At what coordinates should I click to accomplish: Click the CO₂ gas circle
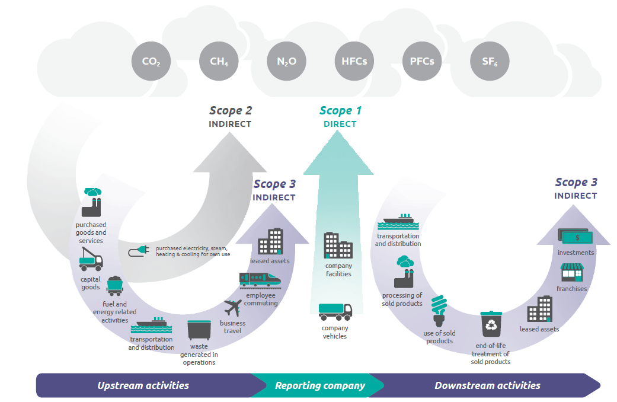click(x=151, y=61)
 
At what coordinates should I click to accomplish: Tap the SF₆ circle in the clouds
click(x=490, y=61)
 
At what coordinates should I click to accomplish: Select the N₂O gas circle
click(x=286, y=61)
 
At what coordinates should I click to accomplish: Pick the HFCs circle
click(x=354, y=61)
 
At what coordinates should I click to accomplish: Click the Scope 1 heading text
click(x=340, y=111)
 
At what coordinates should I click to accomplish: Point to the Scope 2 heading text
click(x=231, y=111)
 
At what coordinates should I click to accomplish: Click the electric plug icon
click(x=139, y=251)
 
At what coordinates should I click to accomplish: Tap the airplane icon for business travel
click(x=233, y=308)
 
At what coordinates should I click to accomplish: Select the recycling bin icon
click(x=491, y=324)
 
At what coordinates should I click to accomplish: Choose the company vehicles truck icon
click(x=335, y=311)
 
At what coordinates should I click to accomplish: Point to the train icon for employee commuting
click(x=260, y=280)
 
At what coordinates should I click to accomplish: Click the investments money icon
click(x=576, y=236)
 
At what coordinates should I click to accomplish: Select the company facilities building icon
click(x=338, y=245)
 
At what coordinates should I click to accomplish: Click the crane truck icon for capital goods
click(x=91, y=259)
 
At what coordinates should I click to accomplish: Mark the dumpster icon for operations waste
click(x=199, y=330)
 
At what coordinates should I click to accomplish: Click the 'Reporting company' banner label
click(x=320, y=385)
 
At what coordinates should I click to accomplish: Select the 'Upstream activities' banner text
click(x=143, y=385)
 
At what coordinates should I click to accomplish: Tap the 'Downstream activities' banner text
click(x=488, y=385)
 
